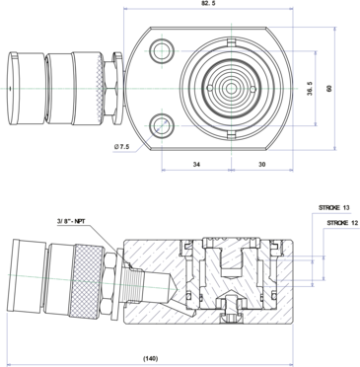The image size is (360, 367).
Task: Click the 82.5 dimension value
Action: [208, 3]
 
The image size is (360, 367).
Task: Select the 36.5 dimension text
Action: [310, 89]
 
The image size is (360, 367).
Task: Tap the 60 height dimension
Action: [329, 89]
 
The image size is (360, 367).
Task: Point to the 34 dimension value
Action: [196, 164]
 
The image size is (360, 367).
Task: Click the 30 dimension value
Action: [262, 164]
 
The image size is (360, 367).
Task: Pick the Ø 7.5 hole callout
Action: [121, 147]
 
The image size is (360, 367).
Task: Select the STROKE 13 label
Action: [333, 208]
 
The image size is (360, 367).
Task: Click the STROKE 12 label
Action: [342, 223]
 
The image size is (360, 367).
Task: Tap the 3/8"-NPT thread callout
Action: [71, 221]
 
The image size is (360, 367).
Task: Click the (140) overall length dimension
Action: [151, 358]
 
